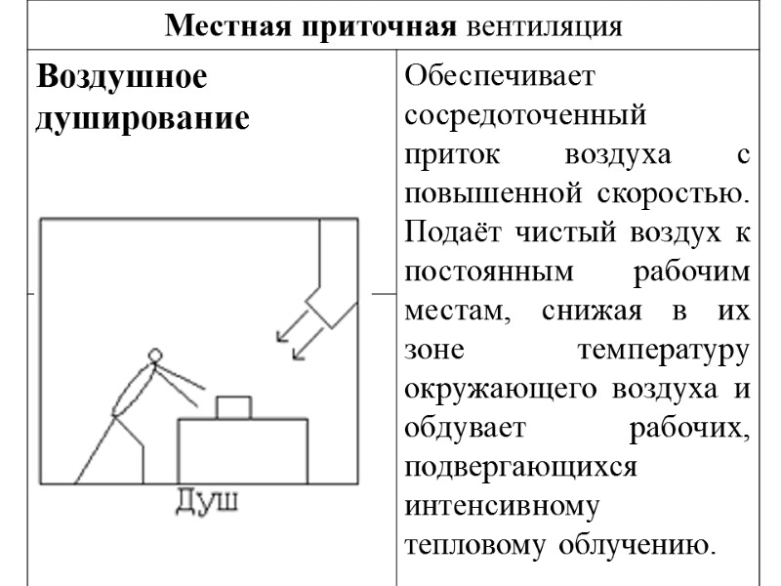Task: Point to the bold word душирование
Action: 142,118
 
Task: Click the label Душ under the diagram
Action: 207,502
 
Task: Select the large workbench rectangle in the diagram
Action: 242,450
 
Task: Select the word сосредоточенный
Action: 525,115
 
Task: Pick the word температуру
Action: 664,350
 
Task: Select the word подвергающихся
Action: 519,467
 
